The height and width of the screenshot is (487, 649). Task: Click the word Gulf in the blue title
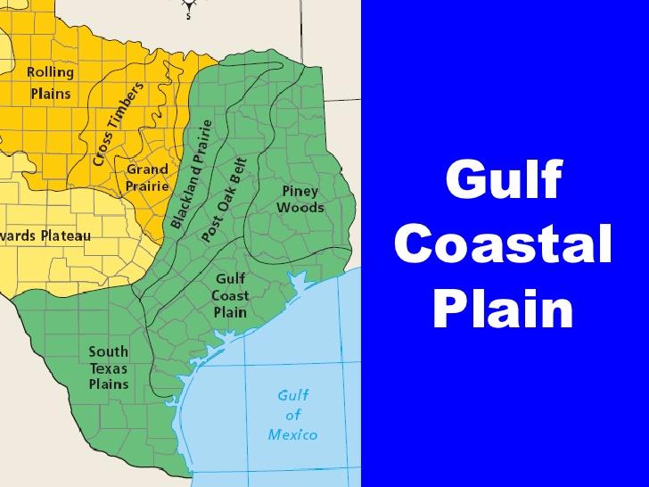point(504,181)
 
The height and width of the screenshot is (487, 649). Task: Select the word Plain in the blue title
point(504,309)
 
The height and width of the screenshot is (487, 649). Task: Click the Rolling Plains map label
point(50,81)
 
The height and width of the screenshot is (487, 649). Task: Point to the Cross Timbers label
point(119,124)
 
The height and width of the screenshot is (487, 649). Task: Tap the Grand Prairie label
point(147,177)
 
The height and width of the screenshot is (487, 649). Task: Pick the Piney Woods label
point(300,199)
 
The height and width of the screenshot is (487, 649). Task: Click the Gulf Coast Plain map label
point(230,295)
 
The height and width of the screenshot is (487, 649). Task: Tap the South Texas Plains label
point(109,367)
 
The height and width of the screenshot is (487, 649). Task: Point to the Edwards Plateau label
point(45,235)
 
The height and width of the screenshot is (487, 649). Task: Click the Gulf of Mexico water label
point(293,415)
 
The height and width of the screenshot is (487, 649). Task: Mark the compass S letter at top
point(188,15)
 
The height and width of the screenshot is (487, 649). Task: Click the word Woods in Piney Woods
point(300,207)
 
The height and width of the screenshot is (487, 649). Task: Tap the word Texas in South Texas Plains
point(109,367)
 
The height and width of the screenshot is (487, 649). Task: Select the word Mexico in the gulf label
point(293,434)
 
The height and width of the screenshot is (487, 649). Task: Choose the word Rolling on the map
point(50,71)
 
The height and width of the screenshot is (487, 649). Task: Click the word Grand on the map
point(147,169)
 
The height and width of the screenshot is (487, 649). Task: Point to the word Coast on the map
point(230,295)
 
